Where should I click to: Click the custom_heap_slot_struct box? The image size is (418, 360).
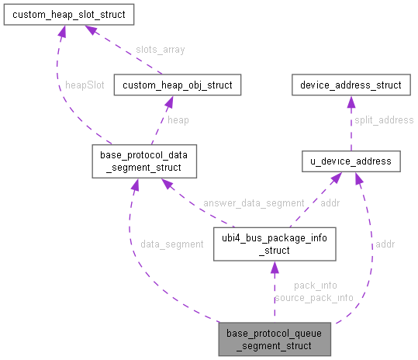(68, 14)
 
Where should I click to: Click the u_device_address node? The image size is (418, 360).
(351, 161)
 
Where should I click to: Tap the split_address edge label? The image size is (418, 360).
(384, 120)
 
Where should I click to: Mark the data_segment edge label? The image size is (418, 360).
(171, 244)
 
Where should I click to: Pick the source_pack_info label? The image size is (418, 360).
(313, 297)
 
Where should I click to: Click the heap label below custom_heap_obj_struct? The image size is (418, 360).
(178, 120)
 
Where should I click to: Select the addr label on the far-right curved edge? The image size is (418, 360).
(385, 244)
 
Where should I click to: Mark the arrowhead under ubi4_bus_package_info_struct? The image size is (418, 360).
(274, 268)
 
